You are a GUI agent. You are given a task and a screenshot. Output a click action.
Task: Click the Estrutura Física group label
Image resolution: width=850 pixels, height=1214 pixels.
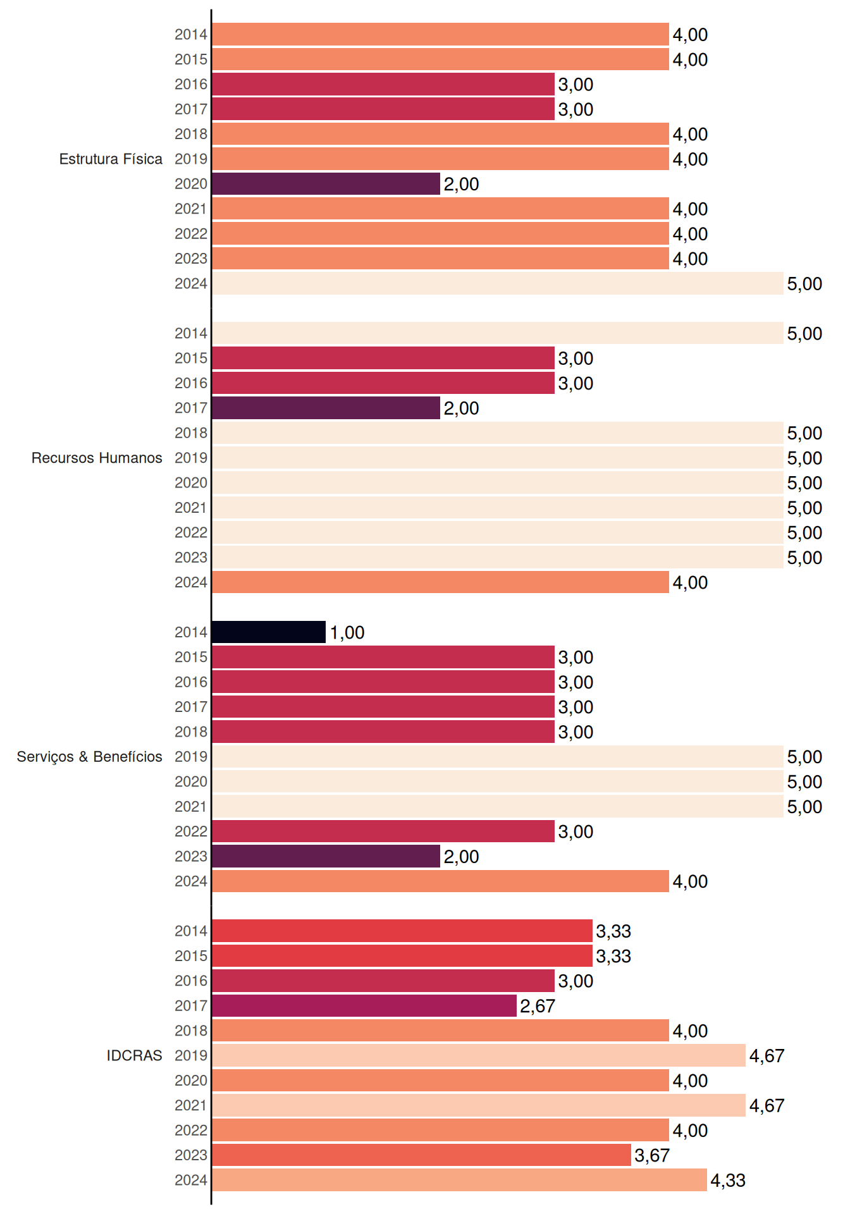point(111,159)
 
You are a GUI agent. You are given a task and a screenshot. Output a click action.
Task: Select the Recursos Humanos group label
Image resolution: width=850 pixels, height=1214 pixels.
point(97,458)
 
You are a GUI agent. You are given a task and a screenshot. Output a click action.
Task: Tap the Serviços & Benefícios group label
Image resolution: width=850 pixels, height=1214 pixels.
point(89,757)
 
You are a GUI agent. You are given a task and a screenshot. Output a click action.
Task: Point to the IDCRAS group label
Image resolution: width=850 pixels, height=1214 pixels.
point(134,1055)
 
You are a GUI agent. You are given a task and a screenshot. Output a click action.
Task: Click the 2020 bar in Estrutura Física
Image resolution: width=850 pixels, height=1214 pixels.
point(326,184)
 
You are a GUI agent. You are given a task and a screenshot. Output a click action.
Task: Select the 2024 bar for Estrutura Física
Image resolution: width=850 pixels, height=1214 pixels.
point(498,283)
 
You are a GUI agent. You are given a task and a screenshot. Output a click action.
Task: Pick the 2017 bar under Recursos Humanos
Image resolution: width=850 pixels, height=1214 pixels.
point(326,408)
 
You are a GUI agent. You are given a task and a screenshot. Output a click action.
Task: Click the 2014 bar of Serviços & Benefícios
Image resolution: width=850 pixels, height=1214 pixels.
point(269,632)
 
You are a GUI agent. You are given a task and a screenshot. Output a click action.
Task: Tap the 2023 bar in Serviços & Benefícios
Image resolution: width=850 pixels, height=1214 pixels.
point(326,856)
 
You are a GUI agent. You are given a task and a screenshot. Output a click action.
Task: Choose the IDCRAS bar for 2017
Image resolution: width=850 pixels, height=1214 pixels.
point(364,1005)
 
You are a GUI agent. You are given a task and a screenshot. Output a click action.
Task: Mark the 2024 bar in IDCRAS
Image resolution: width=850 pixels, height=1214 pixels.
point(459,1180)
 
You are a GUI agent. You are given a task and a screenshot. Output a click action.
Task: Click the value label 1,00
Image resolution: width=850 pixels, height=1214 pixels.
point(347,632)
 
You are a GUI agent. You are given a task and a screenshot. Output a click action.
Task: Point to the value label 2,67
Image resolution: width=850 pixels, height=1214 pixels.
point(538,1006)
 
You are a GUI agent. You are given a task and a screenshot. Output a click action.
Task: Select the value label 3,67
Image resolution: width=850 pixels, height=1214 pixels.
point(652,1155)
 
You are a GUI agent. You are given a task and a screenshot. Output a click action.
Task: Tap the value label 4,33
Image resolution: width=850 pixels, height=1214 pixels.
point(728,1180)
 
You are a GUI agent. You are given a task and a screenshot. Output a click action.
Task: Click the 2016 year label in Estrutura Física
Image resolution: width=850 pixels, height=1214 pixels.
point(191,84)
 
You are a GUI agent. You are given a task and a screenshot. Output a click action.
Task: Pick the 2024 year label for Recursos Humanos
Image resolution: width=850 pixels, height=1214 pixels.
point(191,582)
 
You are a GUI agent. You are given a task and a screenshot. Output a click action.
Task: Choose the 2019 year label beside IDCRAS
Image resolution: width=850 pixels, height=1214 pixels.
point(191,1055)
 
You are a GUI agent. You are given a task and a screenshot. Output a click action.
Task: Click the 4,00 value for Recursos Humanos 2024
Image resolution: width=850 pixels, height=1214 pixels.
point(690,582)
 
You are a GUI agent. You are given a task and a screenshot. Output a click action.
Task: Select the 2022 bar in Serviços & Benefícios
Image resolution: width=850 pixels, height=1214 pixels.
point(383,831)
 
